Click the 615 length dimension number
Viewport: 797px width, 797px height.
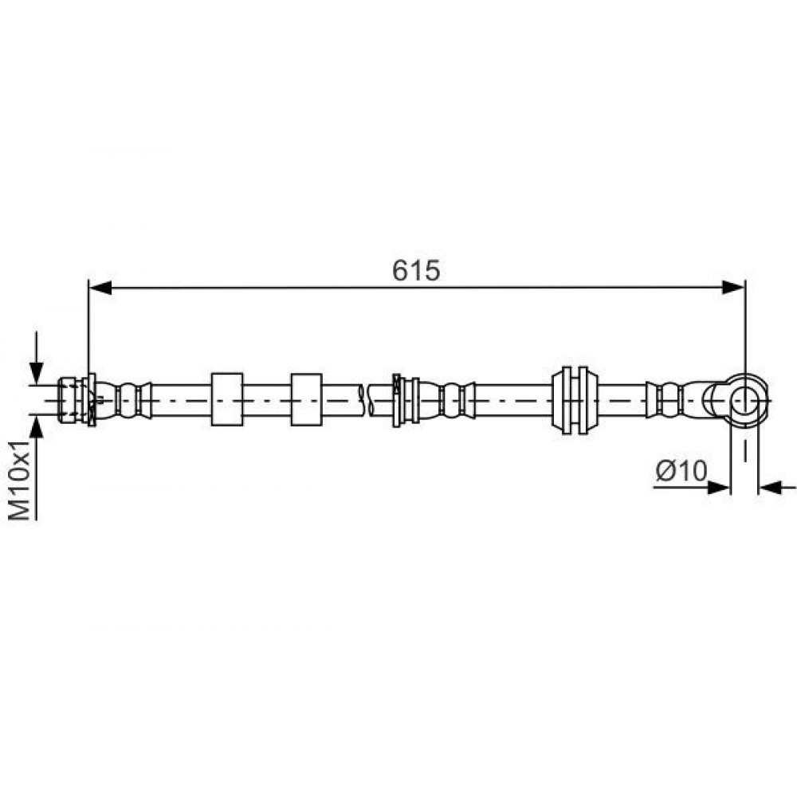coord(416,270)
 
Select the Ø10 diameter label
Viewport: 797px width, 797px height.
coord(681,471)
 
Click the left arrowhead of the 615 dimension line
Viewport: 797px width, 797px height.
coord(100,288)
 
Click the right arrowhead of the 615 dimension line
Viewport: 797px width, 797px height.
coord(733,288)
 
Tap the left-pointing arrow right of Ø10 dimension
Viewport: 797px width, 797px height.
coord(777,488)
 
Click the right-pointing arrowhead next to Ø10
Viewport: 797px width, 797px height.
coord(719,488)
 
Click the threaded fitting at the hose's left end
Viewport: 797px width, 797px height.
coord(72,399)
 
